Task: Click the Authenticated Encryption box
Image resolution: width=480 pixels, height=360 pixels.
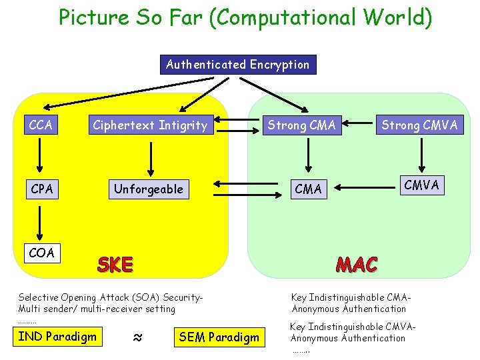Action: click(238, 65)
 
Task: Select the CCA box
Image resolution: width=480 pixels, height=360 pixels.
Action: click(41, 125)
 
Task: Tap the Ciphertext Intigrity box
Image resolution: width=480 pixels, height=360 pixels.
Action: click(150, 125)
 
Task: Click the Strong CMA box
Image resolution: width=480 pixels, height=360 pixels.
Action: click(301, 125)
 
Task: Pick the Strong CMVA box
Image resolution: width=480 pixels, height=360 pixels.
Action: click(419, 125)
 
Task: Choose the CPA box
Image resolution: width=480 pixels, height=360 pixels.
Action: click(41, 189)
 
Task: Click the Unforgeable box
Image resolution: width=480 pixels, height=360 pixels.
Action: click(148, 189)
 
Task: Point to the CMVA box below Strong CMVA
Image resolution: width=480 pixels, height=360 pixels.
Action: click(421, 185)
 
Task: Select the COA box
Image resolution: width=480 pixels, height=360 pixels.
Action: click(41, 253)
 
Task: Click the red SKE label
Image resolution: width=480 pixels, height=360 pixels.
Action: click(115, 265)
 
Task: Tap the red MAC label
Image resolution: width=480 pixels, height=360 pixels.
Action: click(357, 265)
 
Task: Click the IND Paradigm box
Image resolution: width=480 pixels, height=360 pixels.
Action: click(57, 336)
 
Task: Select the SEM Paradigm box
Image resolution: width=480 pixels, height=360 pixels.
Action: click(219, 337)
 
